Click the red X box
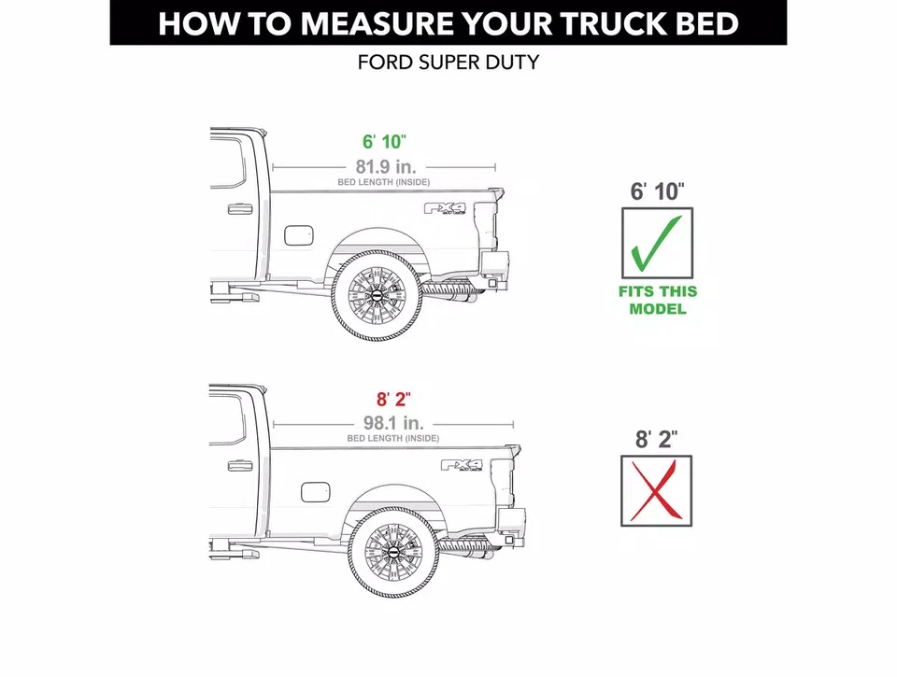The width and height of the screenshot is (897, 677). point(657,490)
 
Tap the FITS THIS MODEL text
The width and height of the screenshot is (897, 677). point(657,300)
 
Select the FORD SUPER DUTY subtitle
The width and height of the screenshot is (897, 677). point(448,64)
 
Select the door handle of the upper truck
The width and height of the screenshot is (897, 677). point(240,207)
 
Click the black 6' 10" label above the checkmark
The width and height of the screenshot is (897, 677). point(658,192)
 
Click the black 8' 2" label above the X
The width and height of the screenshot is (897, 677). point(657,439)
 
